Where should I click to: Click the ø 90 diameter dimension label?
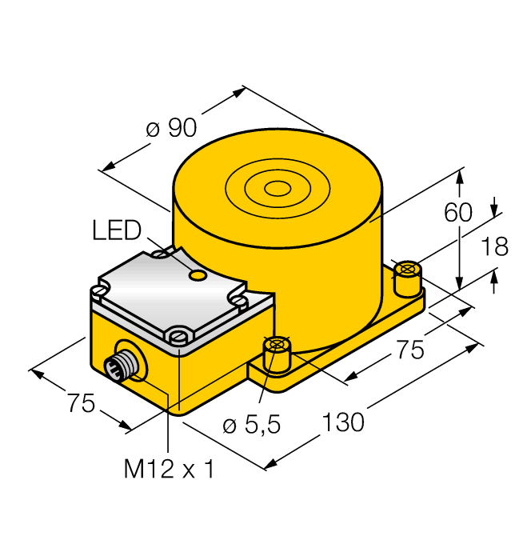171,128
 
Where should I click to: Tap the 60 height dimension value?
458,212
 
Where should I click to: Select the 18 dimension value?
495,246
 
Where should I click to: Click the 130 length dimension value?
343,422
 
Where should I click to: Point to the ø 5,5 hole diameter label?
251,425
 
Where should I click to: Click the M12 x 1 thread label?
169,469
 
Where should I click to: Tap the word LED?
117,230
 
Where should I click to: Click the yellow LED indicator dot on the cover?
198,274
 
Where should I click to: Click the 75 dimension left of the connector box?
82,403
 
